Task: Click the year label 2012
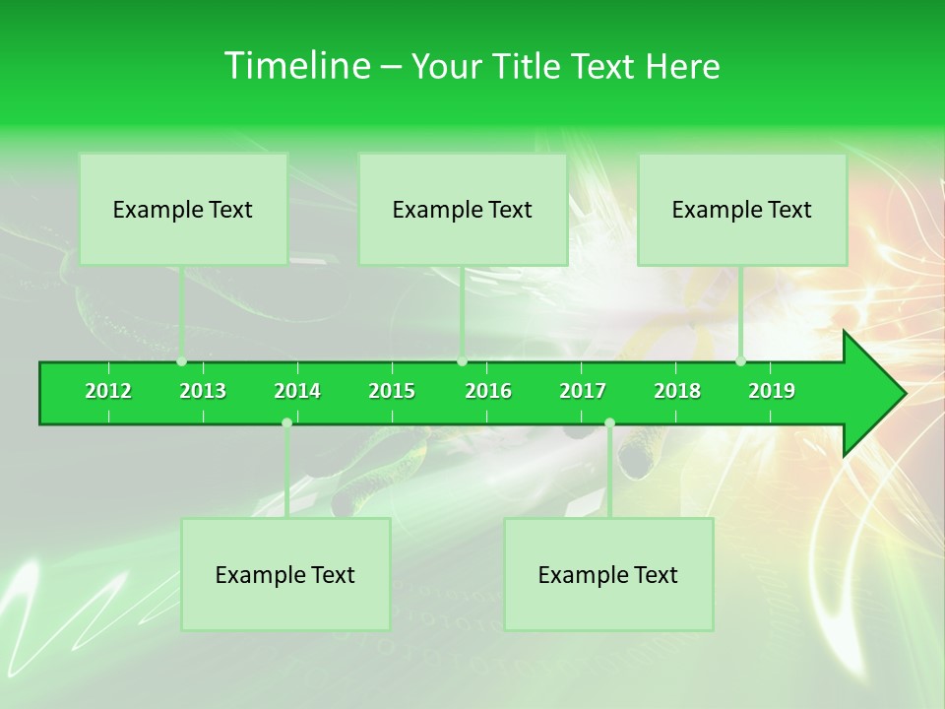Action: click(x=108, y=391)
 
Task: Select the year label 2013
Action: click(x=203, y=391)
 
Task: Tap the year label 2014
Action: click(x=297, y=391)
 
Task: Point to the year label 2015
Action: click(x=392, y=391)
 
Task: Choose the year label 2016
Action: click(x=488, y=391)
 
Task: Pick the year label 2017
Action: click(x=583, y=391)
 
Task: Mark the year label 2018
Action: click(x=677, y=391)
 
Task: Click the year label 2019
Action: click(x=772, y=391)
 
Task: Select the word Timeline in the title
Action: click(x=295, y=66)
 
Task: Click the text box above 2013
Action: click(x=183, y=209)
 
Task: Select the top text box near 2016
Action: click(x=463, y=209)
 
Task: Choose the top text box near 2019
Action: click(x=742, y=209)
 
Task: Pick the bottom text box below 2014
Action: click(x=285, y=574)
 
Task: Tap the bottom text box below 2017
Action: click(x=608, y=574)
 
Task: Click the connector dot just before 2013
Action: click(x=182, y=361)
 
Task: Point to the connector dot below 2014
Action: click(x=286, y=423)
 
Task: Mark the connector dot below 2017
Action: click(x=609, y=423)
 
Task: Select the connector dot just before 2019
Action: click(x=741, y=361)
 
